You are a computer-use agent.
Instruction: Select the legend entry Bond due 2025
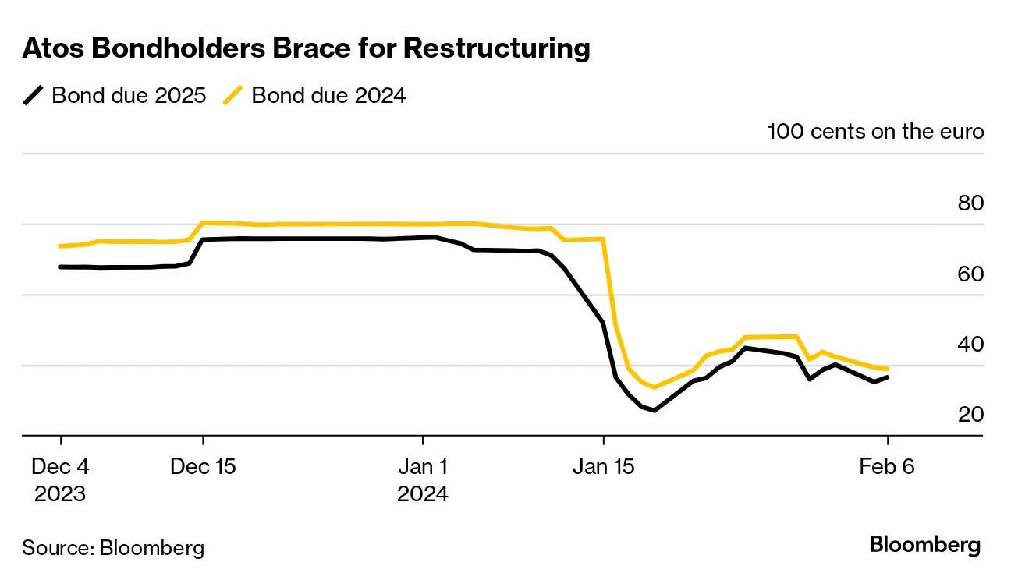pyautogui.click(x=129, y=95)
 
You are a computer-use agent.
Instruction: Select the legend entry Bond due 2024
pyautogui.click(x=328, y=95)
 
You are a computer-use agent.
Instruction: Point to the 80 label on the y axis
pyautogui.click(x=970, y=203)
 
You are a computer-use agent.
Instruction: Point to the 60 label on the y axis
pyautogui.click(x=970, y=274)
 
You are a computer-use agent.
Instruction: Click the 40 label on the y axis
pyautogui.click(x=970, y=345)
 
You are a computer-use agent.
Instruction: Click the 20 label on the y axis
pyautogui.click(x=970, y=415)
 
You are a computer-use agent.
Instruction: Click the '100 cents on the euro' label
pyautogui.click(x=875, y=131)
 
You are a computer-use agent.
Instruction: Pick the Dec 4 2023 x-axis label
pyautogui.click(x=60, y=480)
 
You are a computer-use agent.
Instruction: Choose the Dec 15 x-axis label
pyautogui.click(x=203, y=468)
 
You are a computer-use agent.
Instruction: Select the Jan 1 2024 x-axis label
pyautogui.click(x=422, y=480)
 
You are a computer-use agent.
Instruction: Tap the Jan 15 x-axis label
pyautogui.click(x=603, y=468)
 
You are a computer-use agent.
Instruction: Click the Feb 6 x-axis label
pyautogui.click(x=887, y=468)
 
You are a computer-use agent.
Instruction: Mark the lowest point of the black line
pyautogui.click(x=654, y=410)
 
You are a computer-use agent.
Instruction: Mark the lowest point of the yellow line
pyautogui.click(x=654, y=387)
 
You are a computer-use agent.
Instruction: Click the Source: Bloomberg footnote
pyautogui.click(x=113, y=547)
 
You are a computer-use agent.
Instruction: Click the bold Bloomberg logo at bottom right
pyautogui.click(x=925, y=545)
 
